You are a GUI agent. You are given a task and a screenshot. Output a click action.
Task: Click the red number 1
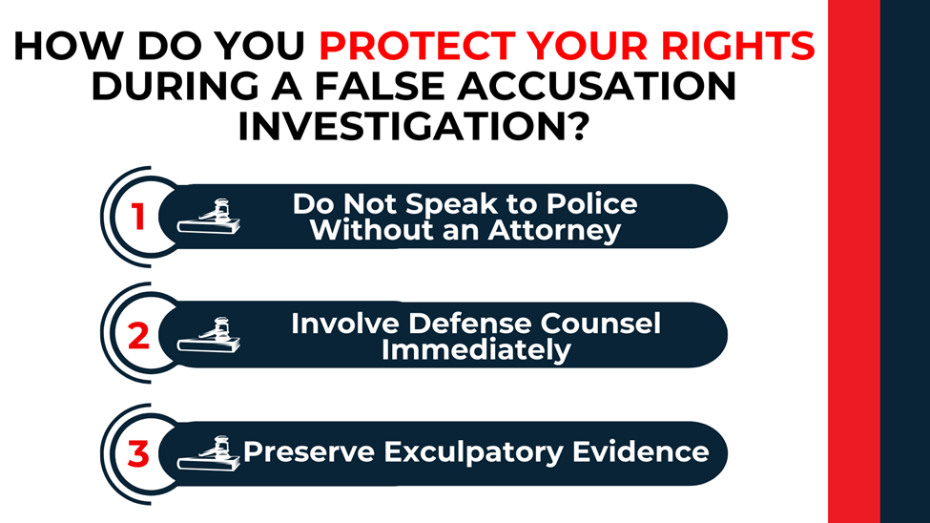(x=138, y=218)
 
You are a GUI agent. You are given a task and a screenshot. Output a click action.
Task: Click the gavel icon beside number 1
(x=210, y=218)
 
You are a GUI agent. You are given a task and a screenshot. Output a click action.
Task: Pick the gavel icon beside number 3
(x=210, y=452)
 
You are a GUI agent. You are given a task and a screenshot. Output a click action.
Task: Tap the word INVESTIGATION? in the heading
(x=410, y=126)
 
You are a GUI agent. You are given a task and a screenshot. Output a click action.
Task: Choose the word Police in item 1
(x=589, y=204)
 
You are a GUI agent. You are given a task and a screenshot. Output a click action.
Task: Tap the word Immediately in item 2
(x=476, y=349)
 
